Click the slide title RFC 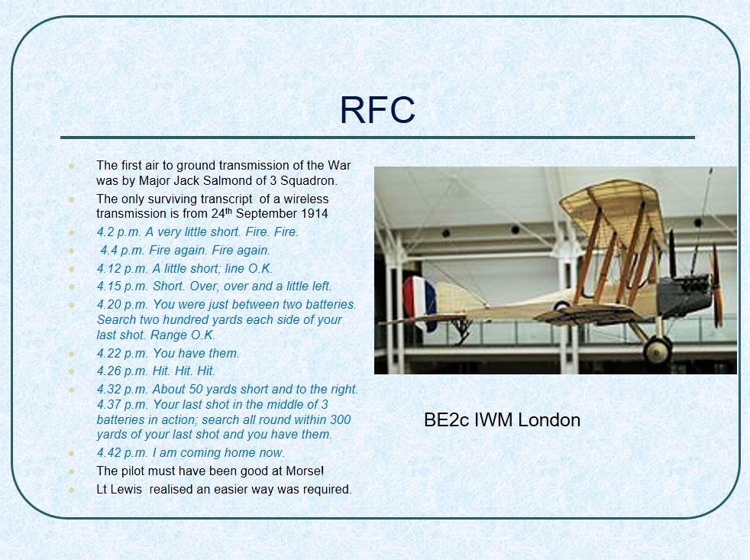tap(377, 110)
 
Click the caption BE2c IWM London tap(503, 419)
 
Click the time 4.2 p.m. tap(119, 232)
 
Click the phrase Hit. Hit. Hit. tap(183, 371)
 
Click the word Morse tap(303, 471)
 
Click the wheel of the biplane tap(657, 351)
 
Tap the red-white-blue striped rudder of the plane tap(419, 303)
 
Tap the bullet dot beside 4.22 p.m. tap(72, 354)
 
